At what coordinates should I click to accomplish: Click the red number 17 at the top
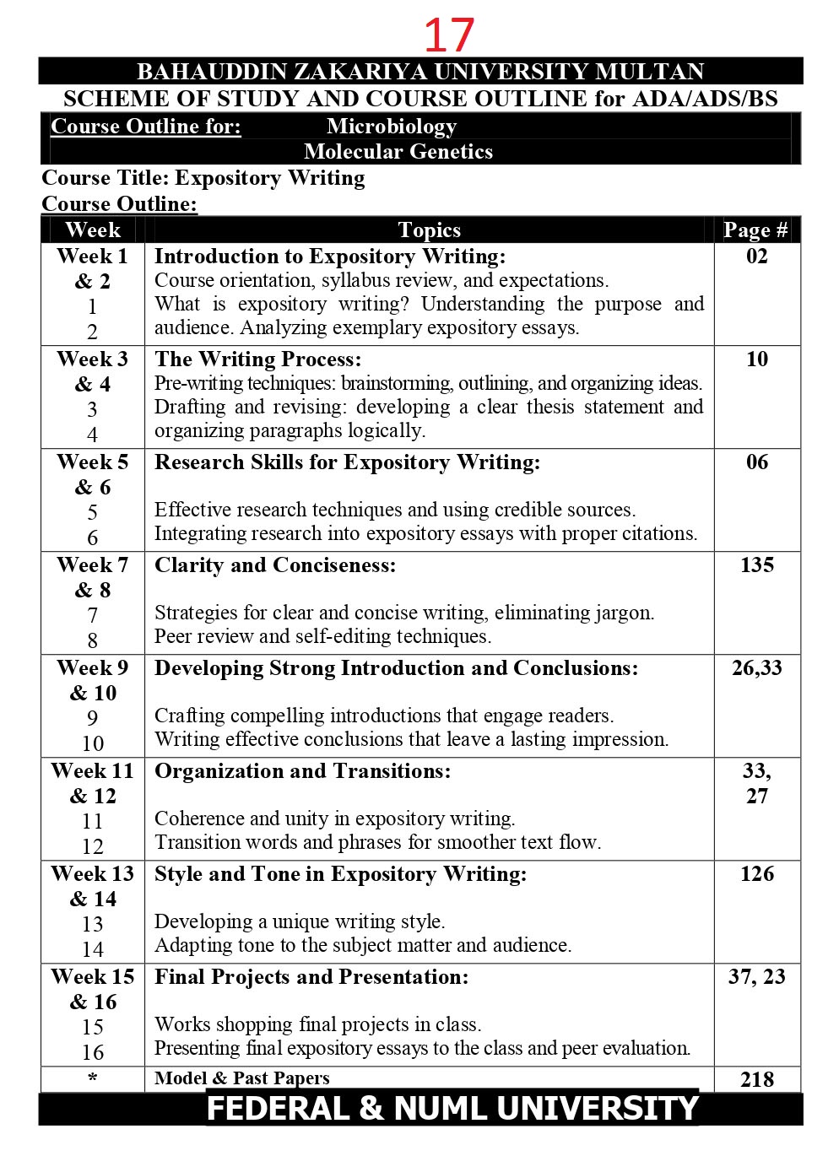449,35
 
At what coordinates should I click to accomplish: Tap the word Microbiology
392,127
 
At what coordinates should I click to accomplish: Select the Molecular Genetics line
398,152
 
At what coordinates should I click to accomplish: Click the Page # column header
755,230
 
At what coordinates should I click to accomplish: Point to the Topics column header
429,230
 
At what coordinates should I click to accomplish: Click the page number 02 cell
757,257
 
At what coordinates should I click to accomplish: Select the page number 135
757,565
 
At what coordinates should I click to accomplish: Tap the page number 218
757,1079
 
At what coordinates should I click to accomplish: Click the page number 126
757,874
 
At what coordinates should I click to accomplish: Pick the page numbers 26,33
757,668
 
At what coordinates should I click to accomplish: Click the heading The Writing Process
257,359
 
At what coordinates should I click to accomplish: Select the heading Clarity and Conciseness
275,565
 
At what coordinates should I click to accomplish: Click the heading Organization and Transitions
302,771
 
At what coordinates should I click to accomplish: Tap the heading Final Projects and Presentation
311,977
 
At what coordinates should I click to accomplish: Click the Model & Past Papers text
242,1078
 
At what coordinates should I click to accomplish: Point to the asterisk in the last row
93,1079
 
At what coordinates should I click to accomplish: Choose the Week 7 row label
93,565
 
